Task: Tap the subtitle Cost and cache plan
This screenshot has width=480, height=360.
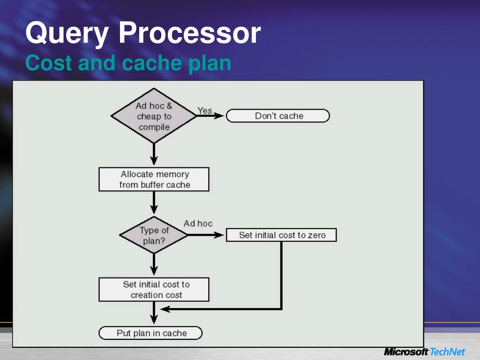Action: (x=128, y=63)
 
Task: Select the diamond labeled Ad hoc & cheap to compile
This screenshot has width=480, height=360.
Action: (x=154, y=116)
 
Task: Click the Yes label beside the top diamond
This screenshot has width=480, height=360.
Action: (x=204, y=111)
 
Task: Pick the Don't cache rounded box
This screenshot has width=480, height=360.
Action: (x=278, y=116)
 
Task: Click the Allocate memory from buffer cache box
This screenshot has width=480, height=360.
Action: (x=154, y=180)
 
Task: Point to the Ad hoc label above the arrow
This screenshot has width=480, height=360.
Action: (x=198, y=224)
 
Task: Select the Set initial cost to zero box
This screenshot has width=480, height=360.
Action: (x=281, y=235)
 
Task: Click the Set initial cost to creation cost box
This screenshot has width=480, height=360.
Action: (x=154, y=290)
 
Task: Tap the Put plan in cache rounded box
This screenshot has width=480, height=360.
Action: (x=151, y=333)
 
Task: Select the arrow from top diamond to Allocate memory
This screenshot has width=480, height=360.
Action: (x=154, y=154)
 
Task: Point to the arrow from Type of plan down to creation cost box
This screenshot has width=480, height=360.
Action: (x=154, y=265)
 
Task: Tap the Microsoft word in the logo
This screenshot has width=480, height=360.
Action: (x=405, y=352)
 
